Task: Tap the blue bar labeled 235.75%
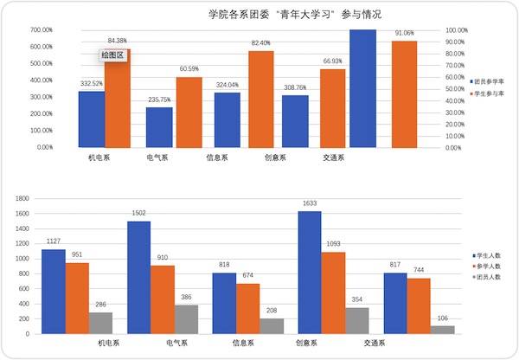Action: (x=159, y=127)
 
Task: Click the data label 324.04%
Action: (x=227, y=85)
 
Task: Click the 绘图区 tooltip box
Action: (x=113, y=55)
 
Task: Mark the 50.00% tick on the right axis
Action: (x=457, y=88)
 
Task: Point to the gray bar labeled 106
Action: (x=443, y=330)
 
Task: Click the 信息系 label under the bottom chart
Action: (x=244, y=343)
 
